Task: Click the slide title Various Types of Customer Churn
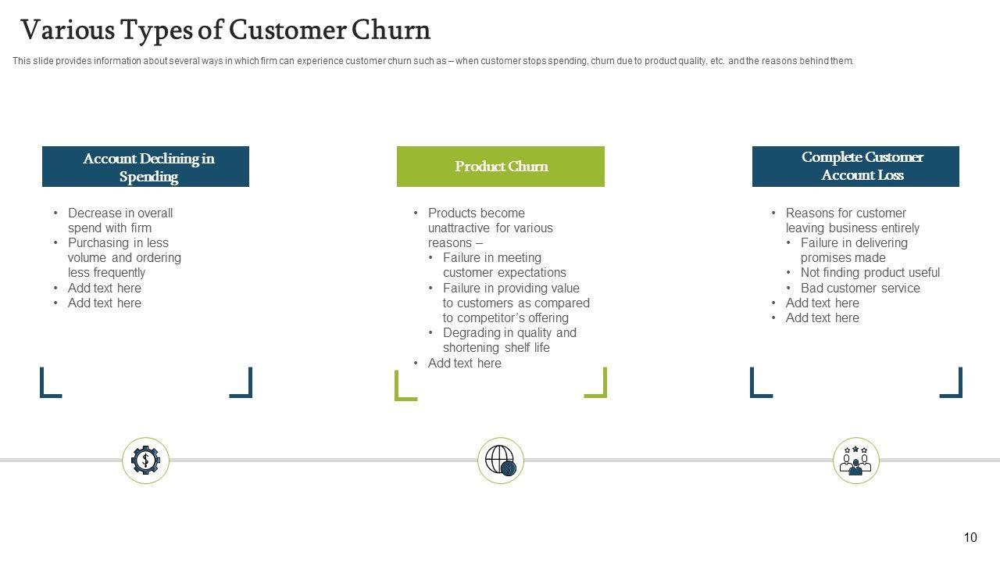(225, 30)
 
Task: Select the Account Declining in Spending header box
(145, 167)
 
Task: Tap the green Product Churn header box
(501, 167)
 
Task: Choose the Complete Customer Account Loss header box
(855, 167)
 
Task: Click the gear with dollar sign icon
(145, 460)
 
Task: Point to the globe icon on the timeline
(501, 460)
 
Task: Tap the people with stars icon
(855, 460)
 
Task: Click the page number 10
(970, 537)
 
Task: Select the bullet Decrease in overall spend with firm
(120, 221)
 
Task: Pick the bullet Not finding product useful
(870, 272)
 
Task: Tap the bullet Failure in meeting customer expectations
(504, 265)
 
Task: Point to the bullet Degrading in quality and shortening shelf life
(509, 340)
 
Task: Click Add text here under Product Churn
(464, 363)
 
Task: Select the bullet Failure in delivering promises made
(853, 250)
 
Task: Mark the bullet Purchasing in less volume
(124, 257)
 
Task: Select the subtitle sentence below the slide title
(433, 61)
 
